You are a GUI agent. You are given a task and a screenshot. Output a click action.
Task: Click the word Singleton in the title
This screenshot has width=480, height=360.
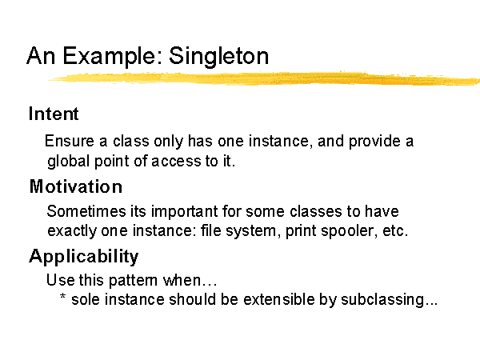(218, 56)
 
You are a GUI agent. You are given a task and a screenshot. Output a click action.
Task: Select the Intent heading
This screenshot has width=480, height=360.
(54, 114)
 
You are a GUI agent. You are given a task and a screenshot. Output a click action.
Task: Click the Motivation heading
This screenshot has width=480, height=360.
(76, 186)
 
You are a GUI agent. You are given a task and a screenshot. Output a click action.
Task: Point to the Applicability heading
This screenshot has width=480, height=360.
(83, 257)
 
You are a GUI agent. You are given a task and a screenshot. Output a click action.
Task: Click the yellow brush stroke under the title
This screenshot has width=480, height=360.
(264, 78)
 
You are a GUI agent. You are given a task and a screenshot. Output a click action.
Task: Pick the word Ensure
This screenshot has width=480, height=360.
(69, 141)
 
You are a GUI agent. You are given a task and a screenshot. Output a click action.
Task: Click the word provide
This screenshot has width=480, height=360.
(374, 142)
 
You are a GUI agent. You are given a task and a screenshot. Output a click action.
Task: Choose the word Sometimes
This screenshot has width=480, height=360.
(86, 211)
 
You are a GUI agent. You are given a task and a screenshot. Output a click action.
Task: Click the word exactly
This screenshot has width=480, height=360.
(72, 231)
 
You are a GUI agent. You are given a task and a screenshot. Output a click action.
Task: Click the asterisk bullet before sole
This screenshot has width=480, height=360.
(62, 296)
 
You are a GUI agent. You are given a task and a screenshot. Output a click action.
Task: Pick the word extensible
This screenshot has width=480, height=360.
(279, 299)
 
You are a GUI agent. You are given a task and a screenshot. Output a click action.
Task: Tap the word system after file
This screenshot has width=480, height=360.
(250, 231)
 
